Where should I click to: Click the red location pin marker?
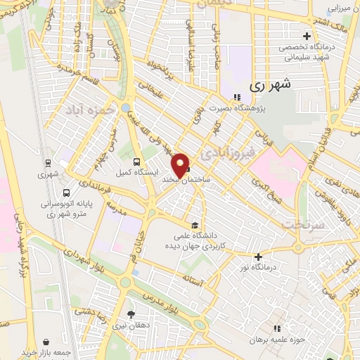[181, 165]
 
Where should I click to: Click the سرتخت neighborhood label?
[302, 224]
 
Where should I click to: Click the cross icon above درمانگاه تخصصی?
[306, 36]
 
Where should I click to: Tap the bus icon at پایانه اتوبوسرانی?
[66, 193]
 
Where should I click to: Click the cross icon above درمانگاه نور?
[258, 257]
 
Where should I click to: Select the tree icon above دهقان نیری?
[131, 314]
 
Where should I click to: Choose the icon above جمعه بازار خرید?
[46, 340]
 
